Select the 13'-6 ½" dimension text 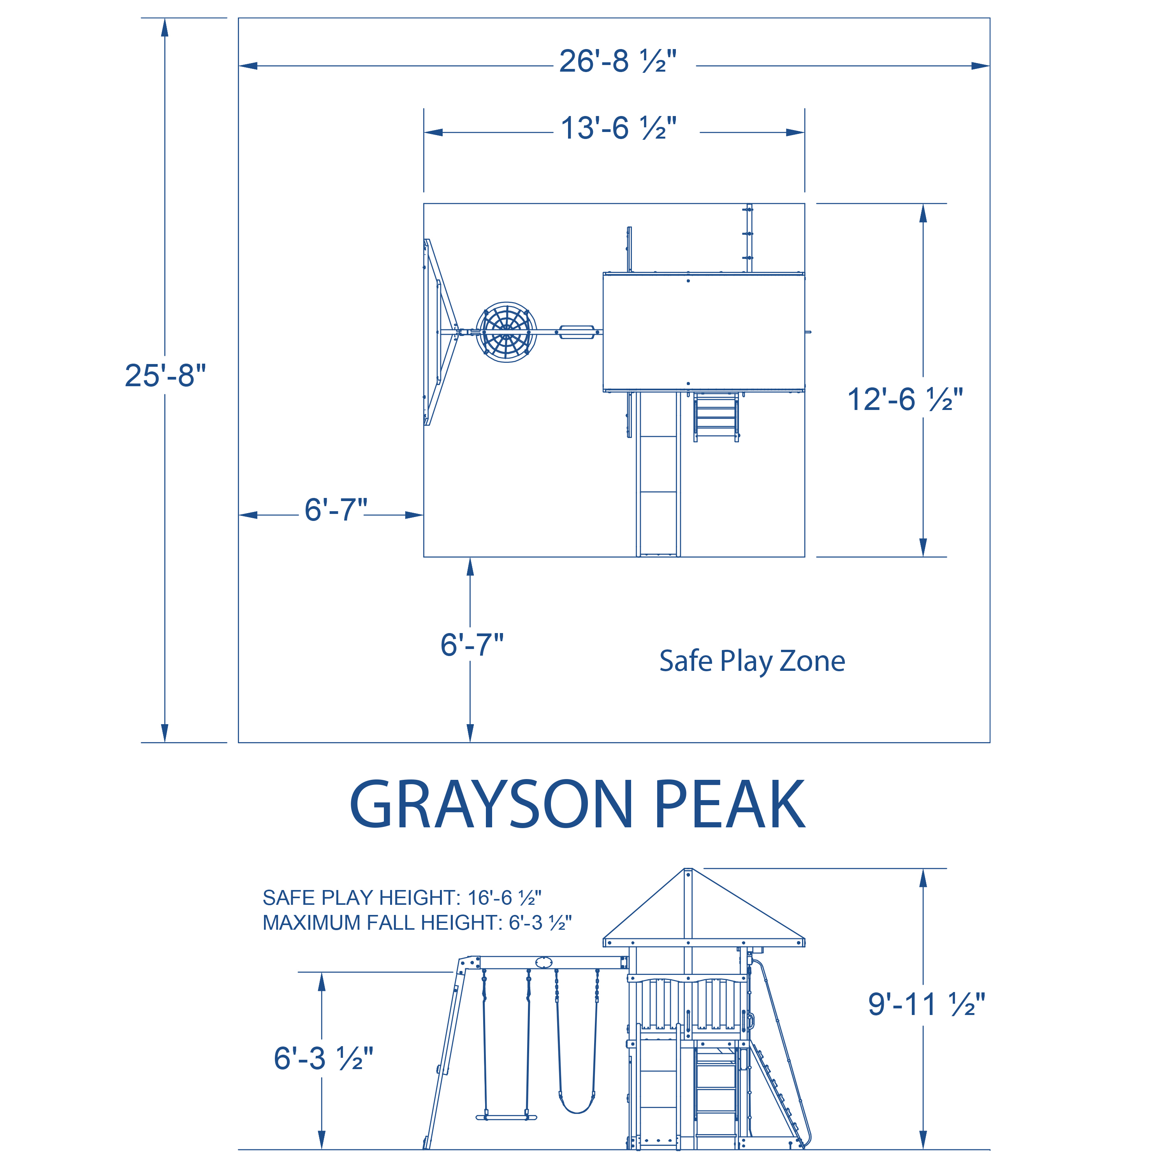point(618,129)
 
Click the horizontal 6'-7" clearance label point(336,510)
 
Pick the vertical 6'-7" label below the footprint point(471,645)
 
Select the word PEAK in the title point(729,805)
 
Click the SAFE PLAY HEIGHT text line point(401,898)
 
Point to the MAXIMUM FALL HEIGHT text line point(417,923)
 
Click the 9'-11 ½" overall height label point(926,1004)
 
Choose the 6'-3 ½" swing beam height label point(324,1059)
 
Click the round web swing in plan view point(506,332)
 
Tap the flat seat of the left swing point(506,1117)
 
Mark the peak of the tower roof point(688,871)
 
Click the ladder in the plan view point(716,417)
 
